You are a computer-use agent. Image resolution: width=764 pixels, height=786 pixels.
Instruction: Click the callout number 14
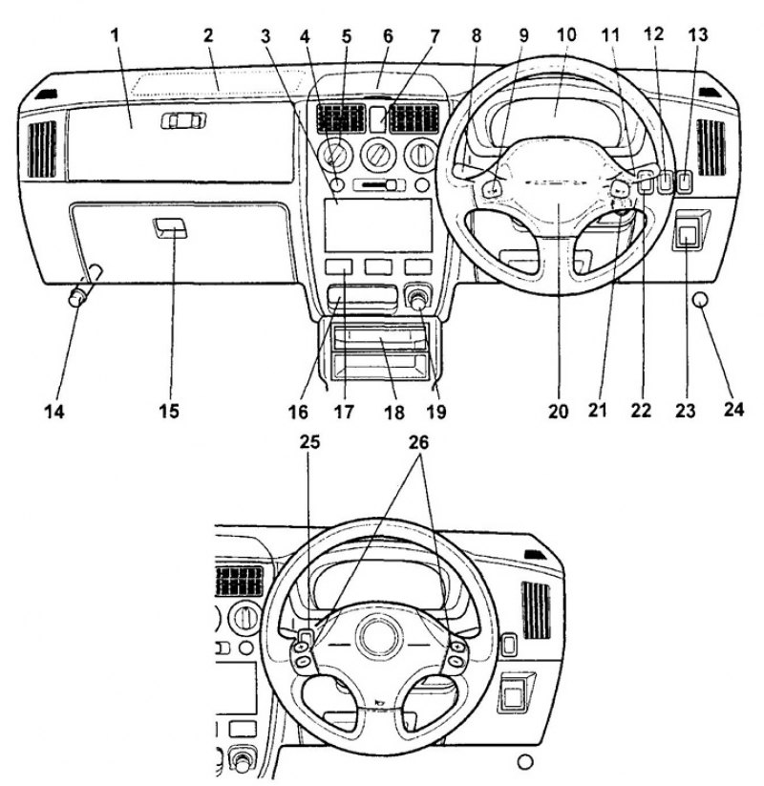click(54, 412)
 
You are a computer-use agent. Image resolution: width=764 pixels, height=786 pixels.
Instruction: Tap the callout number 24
click(734, 410)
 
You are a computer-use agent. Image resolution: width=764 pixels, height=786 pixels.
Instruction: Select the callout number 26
click(419, 442)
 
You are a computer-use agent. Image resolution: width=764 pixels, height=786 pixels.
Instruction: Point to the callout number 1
click(116, 35)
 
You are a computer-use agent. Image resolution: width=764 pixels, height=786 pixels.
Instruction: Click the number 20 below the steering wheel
click(559, 412)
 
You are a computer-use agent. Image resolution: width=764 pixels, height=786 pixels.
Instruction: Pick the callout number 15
click(169, 411)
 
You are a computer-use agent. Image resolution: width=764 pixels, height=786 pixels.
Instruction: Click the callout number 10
click(566, 34)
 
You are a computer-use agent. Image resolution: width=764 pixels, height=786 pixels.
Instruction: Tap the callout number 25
click(309, 442)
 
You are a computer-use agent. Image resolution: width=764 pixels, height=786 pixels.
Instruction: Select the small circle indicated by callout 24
click(700, 300)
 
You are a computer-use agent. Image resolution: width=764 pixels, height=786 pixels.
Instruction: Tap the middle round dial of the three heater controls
click(378, 155)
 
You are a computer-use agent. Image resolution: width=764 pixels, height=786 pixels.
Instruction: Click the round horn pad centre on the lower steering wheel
click(379, 638)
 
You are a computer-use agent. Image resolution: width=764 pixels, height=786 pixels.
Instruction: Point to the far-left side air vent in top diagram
click(42, 149)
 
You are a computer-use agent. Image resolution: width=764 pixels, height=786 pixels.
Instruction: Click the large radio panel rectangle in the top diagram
click(378, 225)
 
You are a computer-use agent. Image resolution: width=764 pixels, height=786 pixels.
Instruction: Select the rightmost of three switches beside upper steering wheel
click(684, 181)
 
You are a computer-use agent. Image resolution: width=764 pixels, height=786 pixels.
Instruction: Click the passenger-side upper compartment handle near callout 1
click(183, 120)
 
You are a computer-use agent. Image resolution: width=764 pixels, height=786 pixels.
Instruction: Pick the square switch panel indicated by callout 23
click(690, 230)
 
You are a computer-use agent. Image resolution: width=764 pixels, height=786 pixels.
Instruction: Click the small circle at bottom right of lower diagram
click(525, 762)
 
